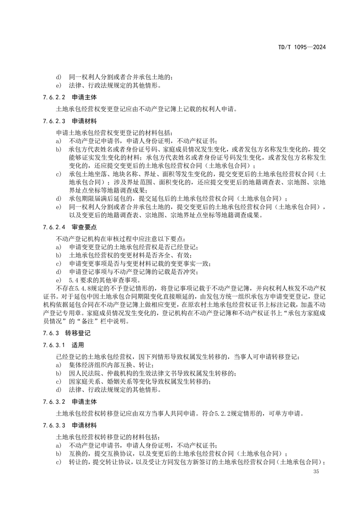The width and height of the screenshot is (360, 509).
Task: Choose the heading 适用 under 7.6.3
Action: [x=78, y=345]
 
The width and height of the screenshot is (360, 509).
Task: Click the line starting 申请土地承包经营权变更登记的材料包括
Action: [x=114, y=132]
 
